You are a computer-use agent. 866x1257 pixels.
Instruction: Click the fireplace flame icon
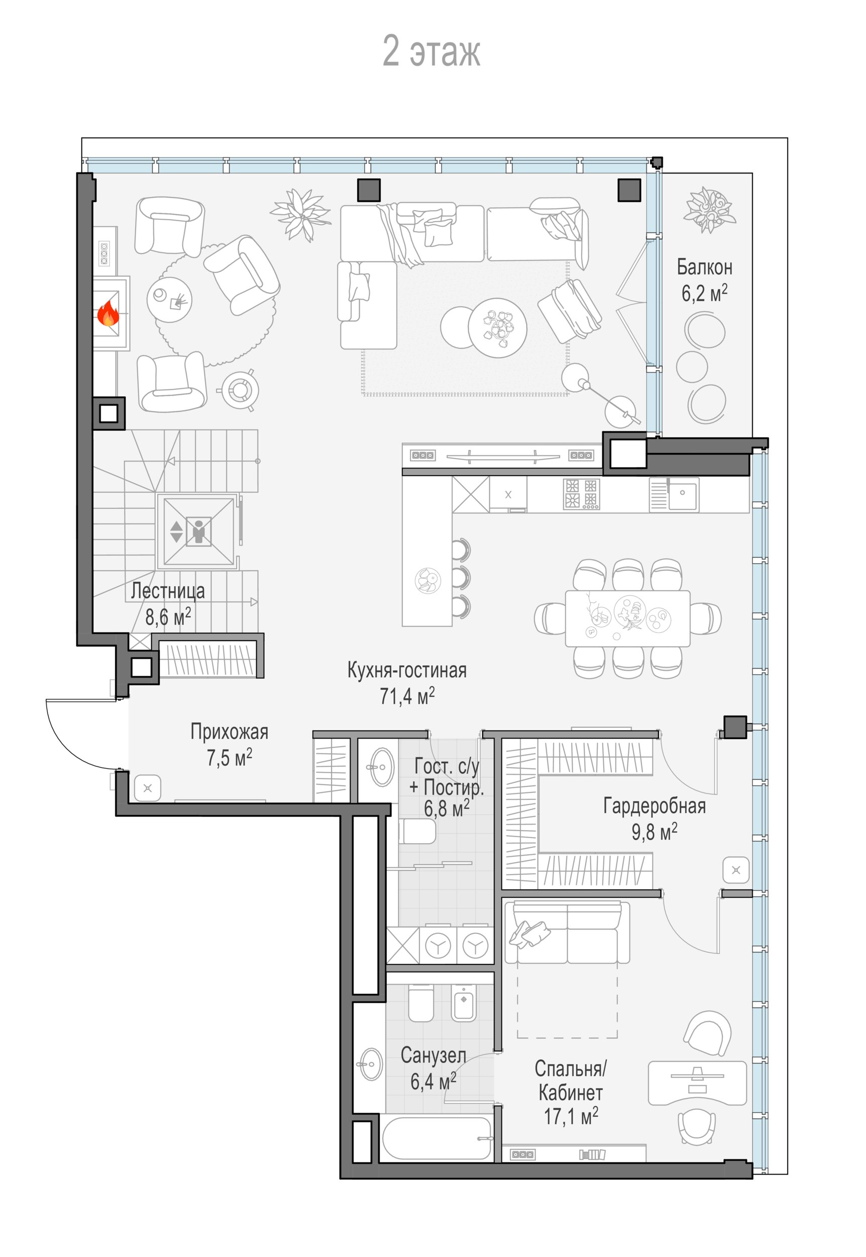tap(108, 314)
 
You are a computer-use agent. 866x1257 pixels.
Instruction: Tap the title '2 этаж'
tap(432, 51)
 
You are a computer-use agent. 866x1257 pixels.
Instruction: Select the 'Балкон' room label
tap(704, 267)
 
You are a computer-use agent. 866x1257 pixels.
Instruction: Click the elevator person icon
tap(198, 531)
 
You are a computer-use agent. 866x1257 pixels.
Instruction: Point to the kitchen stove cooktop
tap(581, 494)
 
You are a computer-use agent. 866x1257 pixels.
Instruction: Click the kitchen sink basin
tap(683, 494)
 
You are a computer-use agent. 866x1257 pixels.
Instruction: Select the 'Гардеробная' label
tap(655, 806)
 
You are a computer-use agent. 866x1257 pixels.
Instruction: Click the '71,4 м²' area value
tap(407, 695)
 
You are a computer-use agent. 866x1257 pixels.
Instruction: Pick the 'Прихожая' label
tap(229, 732)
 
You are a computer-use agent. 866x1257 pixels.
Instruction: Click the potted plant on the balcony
tap(709, 209)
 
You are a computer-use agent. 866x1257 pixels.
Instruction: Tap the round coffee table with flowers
tap(498, 328)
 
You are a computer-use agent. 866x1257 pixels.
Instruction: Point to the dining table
tap(628, 618)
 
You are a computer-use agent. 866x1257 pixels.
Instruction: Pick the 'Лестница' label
tap(168, 591)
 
